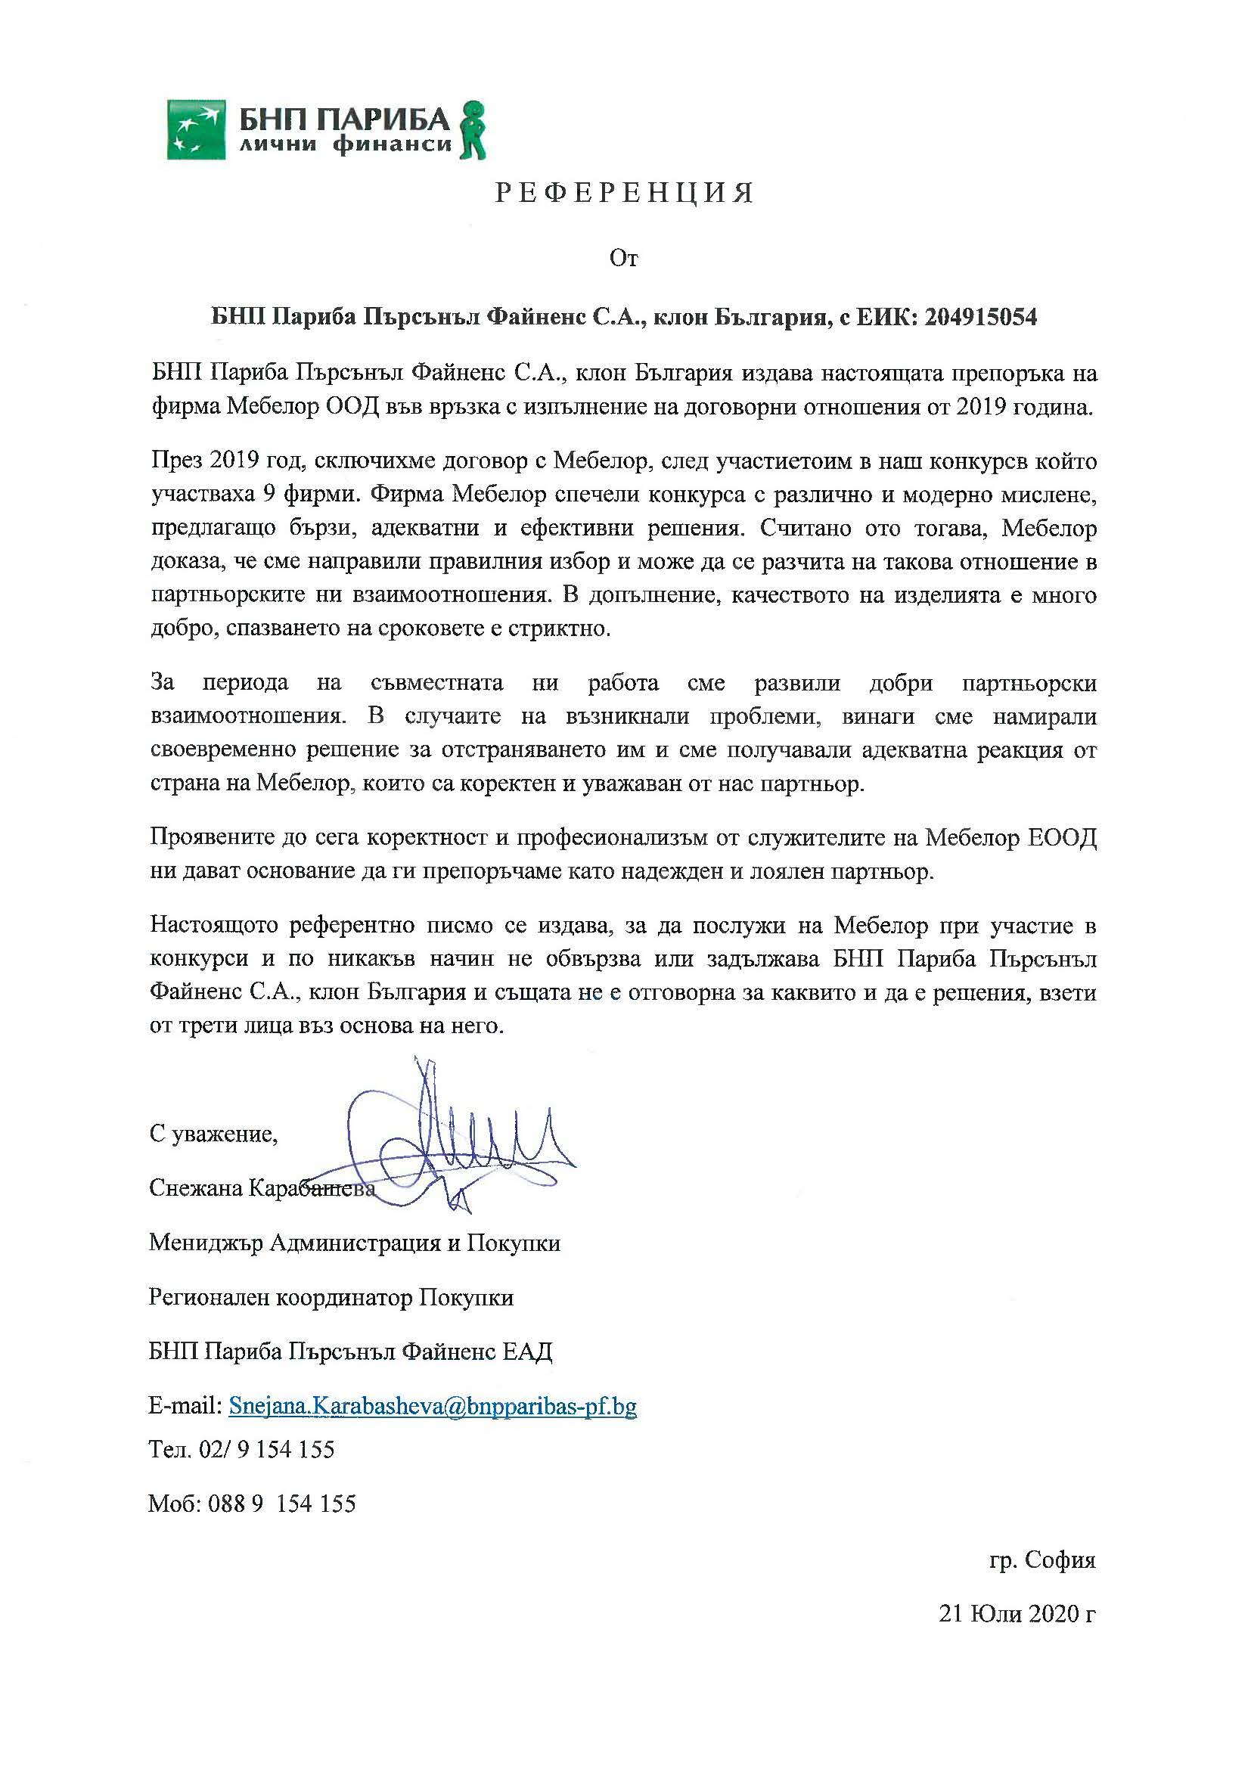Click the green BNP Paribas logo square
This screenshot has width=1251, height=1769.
point(197,129)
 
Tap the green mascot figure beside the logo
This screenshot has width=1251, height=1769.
point(471,129)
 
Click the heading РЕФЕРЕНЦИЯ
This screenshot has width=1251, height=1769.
point(625,194)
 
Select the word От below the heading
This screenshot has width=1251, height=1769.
point(624,259)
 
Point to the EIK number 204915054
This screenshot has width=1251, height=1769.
point(981,318)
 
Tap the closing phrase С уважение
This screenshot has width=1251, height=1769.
point(213,1134)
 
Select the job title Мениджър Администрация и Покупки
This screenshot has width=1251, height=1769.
point(354,1243)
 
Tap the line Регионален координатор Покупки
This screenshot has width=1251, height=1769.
point(331,1298)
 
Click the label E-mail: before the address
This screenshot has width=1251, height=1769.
point(185,1406)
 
